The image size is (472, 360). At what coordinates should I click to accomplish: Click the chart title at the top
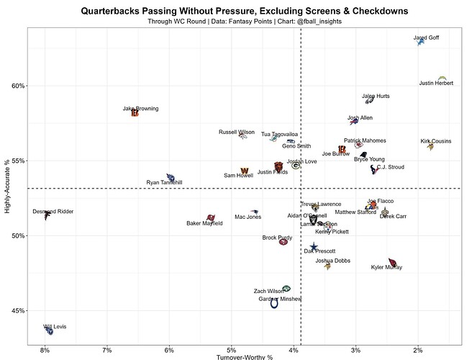click(x=245, y=12)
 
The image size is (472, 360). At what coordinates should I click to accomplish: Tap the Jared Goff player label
click(x=427, y=37)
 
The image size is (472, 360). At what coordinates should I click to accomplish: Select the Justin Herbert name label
click(x=436, y=84)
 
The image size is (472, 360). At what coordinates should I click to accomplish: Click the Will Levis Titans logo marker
click(x=49, y=330)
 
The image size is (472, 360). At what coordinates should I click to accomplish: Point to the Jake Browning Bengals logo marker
click(x=135, y=113)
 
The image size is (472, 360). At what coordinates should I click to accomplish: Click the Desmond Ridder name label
click(x=53, y=211)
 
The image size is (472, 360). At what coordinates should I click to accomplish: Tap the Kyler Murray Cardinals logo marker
click(x=392, y=263)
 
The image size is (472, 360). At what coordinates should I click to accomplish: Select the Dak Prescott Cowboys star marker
click(x=314, y=247)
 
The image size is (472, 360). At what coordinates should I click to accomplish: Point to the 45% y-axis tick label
click(x=17, y=310)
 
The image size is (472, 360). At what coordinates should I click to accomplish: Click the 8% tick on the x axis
click(x=45, y=350)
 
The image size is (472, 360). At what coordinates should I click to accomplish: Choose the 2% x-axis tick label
click(x=417, y=350)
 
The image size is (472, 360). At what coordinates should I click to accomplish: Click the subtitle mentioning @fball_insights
click(x=245, y=22)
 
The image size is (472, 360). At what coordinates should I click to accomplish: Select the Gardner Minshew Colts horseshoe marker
click(x=274, y=304)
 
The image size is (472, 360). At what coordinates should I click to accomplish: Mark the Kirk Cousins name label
click(x=436, y=141)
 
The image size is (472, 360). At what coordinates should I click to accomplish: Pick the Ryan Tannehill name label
click(x=164, y=183)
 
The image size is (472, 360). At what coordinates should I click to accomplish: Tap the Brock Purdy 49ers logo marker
click(x=284, y=242)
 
